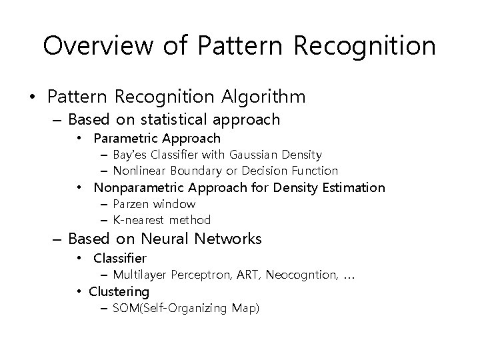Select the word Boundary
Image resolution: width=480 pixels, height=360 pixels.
pyautogui.click(x=195, y=171)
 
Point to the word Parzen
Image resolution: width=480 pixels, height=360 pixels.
pyautogui.click(x=131, y=204)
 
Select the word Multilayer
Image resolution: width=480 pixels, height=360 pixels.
pyautogui.click(x=140, y=275)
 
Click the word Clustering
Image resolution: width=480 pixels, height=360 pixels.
pyautogui.click(x=119, y=292)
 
